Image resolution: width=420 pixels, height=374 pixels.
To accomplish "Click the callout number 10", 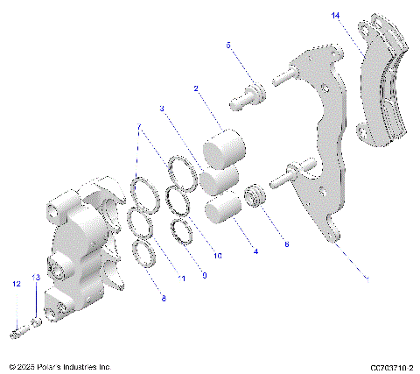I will coord(218,256).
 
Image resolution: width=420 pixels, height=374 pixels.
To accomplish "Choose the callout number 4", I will coord(255,251).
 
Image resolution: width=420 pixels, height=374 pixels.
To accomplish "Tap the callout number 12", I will coord(16,284).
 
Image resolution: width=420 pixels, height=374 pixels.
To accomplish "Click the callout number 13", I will coord(36,278).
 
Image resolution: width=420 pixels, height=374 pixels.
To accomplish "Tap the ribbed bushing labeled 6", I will coord(255,197).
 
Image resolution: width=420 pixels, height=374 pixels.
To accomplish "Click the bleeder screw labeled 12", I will coord(18,332).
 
